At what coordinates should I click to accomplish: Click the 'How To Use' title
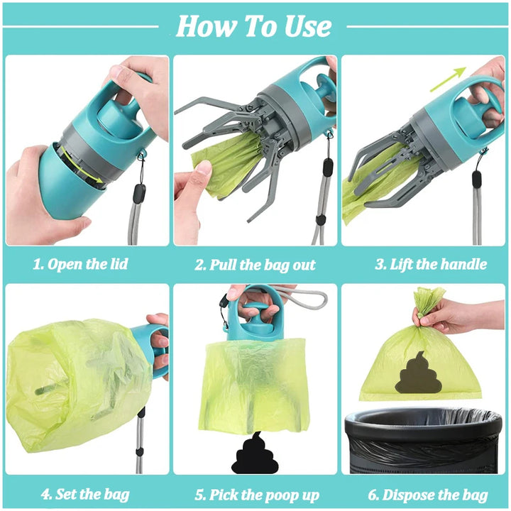pos(253,26)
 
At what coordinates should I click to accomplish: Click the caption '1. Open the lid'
pos(80,265)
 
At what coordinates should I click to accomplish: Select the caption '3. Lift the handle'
pos(431,265)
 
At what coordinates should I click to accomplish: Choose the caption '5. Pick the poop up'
pos(256,494)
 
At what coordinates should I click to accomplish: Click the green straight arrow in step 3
pos(447,79)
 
